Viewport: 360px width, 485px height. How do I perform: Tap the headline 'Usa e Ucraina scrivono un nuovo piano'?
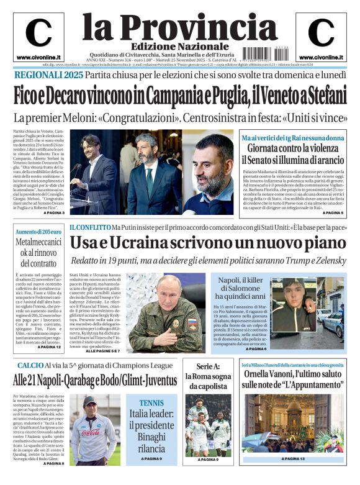tap(207, 243)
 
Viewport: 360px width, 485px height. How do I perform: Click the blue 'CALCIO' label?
tap(30, 365)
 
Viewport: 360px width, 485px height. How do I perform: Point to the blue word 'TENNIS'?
tap(151, 403)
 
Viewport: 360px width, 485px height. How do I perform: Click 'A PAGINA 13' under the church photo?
tap(294, 459)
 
